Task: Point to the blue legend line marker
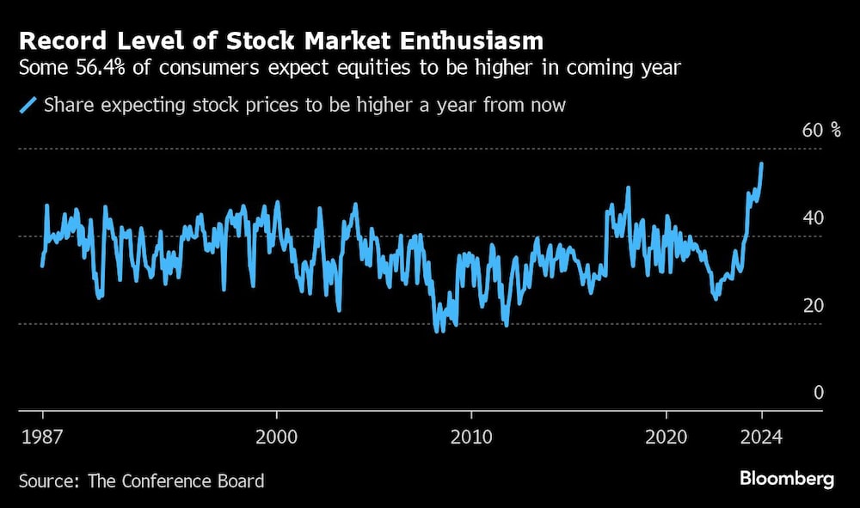(28, 106)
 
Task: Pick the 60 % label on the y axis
(821, 131)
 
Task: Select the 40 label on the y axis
(813, 218)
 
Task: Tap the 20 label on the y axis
(813, 306)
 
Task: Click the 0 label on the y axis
(819, 393)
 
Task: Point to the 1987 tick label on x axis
(41, 436)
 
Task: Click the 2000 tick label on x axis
(277, 436)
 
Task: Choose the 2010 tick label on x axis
(471, 436)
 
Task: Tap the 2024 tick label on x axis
(761, 436)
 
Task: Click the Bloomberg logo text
(786, 479)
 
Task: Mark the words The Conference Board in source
(175, 480)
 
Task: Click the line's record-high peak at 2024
(761, 163)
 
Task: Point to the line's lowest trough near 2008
(438, 331)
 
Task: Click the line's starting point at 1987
(42, 266)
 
